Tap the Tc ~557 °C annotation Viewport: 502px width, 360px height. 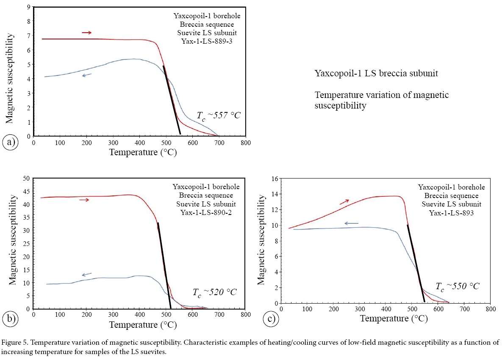click(219, 115)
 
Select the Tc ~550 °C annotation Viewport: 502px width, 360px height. click(458, 286)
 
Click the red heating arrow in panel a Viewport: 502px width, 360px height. click(86, 33)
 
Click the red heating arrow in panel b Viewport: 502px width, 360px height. click(84, 200)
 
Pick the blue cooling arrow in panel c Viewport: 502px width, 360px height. click(351, 223)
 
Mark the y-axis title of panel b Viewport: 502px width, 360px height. click(13, 243)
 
